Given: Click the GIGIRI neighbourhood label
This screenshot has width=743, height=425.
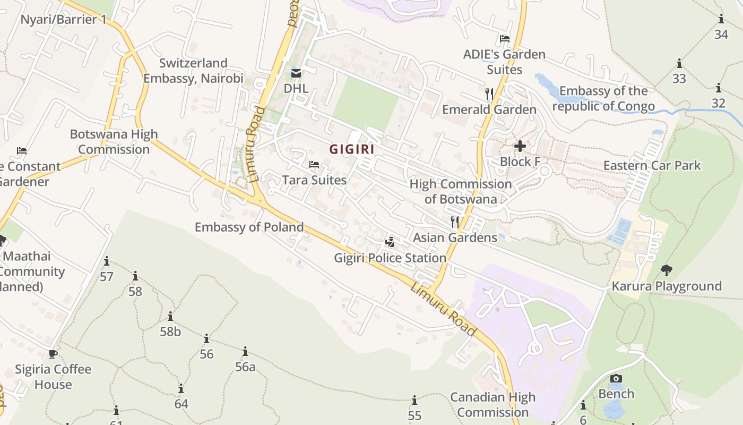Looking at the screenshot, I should tap(352, 149).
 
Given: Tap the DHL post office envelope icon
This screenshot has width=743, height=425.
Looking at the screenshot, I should tap(296, 73).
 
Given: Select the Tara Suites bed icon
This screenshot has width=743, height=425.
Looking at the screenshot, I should tap(314, 165).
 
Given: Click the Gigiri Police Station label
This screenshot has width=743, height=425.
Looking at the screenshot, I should tap(390, 258).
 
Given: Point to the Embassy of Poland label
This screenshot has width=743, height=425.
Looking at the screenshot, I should tap(249, 227).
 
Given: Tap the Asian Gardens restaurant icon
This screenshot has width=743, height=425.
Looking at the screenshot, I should tap(455, 222).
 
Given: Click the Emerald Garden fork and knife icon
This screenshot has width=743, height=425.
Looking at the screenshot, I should tap(489, 94).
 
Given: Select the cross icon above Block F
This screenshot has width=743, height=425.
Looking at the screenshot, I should tap(520, 146).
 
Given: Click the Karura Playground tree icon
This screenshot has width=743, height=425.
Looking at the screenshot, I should tap(667, 270).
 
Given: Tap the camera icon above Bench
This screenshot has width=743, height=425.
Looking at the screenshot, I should tap(616, 379).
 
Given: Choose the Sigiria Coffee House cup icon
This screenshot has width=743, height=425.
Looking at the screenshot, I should tap(53, 354).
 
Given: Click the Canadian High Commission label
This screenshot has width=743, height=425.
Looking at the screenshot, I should tap(493, 405).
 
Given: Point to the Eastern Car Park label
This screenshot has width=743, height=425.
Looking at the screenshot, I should tap(652, 165).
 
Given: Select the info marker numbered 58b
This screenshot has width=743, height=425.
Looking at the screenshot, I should tap(170, 317).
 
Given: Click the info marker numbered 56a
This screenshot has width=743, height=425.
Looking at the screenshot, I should tap(245, 352).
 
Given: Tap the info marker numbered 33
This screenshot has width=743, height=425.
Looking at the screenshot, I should tap(679, 64).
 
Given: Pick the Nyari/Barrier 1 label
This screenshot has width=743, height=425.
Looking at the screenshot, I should tap(64, 20).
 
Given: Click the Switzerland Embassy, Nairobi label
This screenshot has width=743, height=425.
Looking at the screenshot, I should tap(193, 71).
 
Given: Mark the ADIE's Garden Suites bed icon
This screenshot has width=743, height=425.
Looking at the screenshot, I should tap(504, 39).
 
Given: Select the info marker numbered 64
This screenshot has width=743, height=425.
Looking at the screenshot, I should tap(181, 389).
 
